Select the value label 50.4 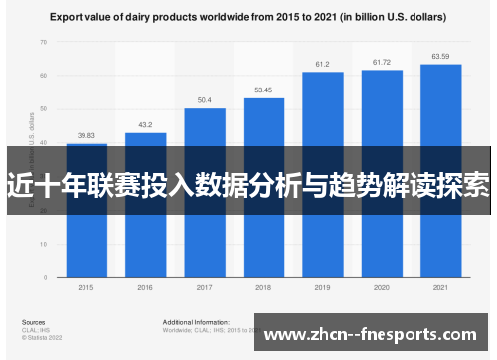(205, 100)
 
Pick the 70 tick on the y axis (44, 42)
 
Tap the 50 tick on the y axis (44, 109)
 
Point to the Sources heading (33, 322)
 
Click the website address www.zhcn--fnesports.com (373, 336)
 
